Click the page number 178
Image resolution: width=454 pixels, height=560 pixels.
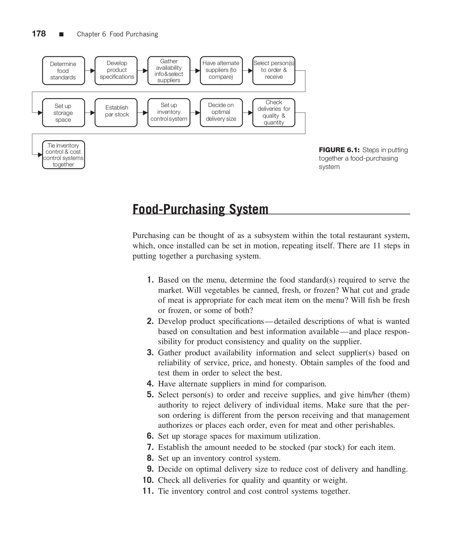[x=39, y=34]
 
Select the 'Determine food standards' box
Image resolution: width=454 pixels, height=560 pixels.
[x=63, y=71]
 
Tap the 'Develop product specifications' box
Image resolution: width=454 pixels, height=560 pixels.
[x=116, y=71]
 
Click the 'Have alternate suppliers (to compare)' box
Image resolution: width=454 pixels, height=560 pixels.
[x=221, y=71]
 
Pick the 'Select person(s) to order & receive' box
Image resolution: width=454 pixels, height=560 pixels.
[x=274, y=71]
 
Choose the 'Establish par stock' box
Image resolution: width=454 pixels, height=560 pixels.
[x=116, y=113]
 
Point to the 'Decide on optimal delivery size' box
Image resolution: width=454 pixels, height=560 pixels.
[x=221, y=113]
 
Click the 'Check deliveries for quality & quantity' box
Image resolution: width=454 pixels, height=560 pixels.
[x=274, y=113]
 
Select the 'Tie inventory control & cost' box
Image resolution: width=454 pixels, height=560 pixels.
[x=63, y=155]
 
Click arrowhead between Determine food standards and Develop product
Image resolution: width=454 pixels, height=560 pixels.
[x=92, y=71]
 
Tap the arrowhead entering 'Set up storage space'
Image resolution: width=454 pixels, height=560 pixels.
[x=40, y=113]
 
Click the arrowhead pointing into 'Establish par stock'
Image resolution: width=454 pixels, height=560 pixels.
[x=92, y=113]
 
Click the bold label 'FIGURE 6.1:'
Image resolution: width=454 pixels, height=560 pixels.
[x=339, y=150]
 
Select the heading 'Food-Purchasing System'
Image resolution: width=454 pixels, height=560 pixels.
[x=200, y=209]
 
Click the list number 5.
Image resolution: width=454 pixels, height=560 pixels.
[x=150, y=395]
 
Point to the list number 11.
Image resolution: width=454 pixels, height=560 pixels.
[x=148, y=491]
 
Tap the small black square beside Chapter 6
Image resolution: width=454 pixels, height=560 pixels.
[x=61, y=34]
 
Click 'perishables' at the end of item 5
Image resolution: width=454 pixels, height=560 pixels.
[x=376, y=425]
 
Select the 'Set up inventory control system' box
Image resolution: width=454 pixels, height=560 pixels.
[x=169, y=113]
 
